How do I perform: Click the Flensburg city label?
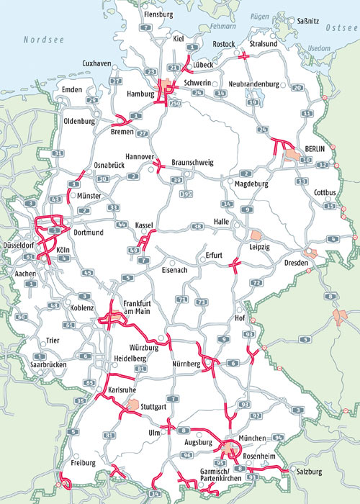159,14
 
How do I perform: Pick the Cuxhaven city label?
97,63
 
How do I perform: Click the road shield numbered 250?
176,104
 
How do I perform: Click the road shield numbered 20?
297,88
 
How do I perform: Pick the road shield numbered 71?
183,300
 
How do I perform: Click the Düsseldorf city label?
21,241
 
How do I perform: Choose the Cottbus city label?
326,192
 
